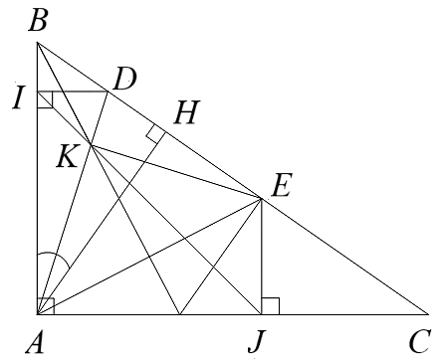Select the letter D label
[123, 79]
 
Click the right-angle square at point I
[45, 99]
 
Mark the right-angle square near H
[154, 133]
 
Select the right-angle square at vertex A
[45, 306]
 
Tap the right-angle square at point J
[270, 306]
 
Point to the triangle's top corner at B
[37, 43]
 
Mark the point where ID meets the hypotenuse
[108, 91]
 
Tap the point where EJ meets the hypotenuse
[261, 198]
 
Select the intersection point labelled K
[91, 146]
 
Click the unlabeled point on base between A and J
[179, 314]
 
